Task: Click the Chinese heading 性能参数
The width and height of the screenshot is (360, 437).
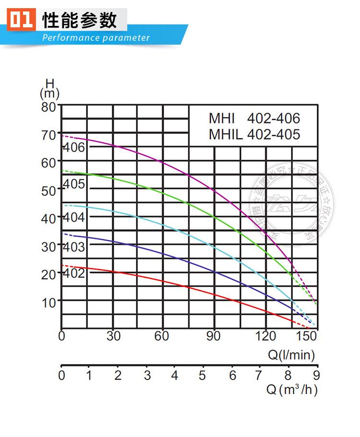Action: click(x=80, y=20)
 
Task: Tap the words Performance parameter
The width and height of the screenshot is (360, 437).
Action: click(x=96, y=38)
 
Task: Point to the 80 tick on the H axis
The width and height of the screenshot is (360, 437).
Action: click(x=48, y=106)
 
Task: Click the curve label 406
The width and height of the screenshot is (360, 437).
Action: click(x=74, y=147)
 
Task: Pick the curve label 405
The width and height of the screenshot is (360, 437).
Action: click(x=74, y=184)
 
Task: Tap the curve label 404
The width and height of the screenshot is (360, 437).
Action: click(x=74, y=217)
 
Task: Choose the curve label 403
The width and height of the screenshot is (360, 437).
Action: click(x=74, y=247)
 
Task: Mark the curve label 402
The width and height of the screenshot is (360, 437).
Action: click(x=74, y=273)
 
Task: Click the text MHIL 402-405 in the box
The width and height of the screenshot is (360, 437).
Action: click(x=254, y=134)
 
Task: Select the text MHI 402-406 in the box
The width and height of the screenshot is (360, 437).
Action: click(x=254, y=118)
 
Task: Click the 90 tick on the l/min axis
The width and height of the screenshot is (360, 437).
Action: click(x=213, y=336)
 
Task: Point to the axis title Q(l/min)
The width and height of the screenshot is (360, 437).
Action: click(x=291, y=355)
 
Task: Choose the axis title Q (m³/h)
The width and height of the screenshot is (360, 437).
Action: click(x=292, y=390)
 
